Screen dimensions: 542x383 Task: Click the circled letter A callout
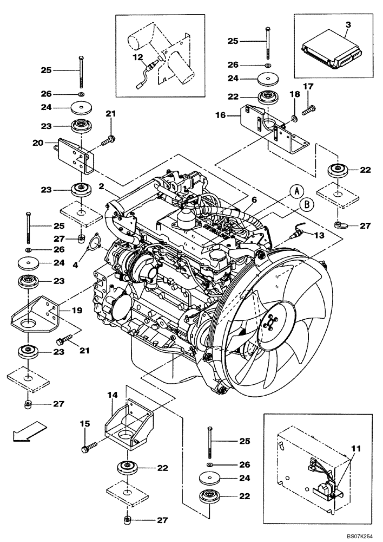[x=295, y=191]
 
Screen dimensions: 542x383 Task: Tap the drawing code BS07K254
[x=360, y=535]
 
